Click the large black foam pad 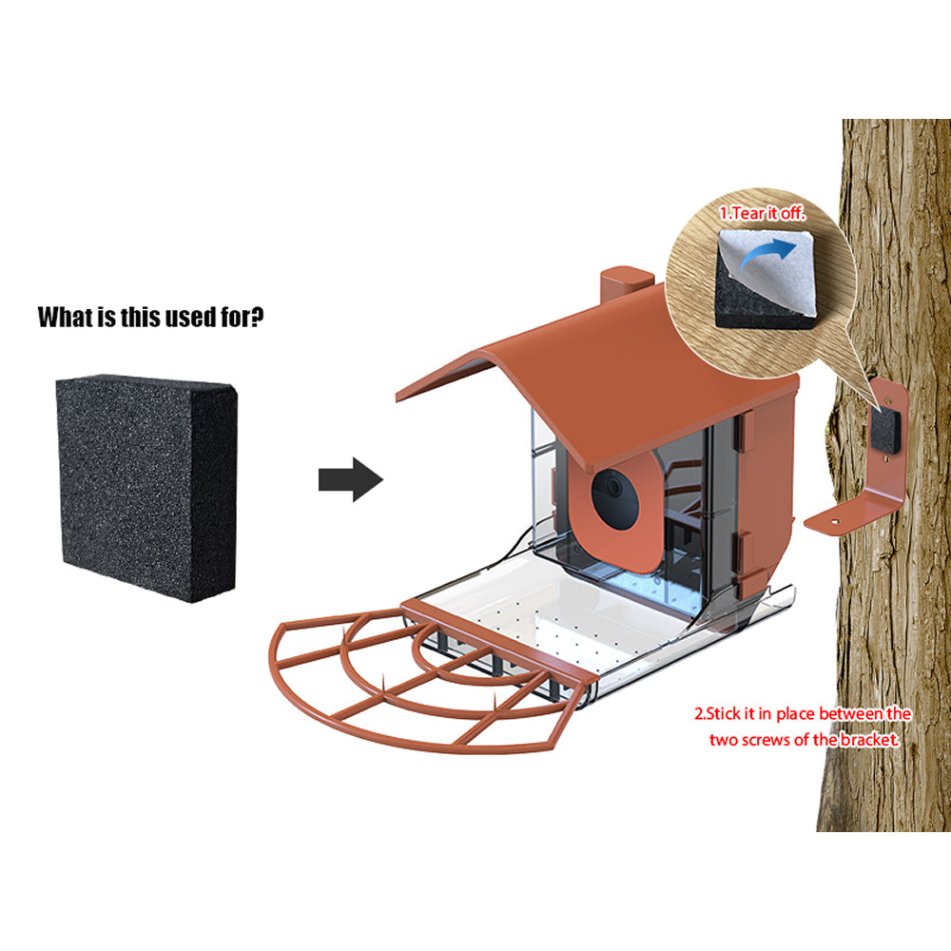pyautogui.click(x=146, y=487)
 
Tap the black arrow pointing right pyautogui.click(x=351, y=479)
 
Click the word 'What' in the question pyautogui.click(x=65, y=318)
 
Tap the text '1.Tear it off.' pyautogui.click(x=762, y=213)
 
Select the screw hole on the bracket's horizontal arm pyautogui.click(x=835, y=520)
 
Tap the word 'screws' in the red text pyautogui.click(x=761, y=741)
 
